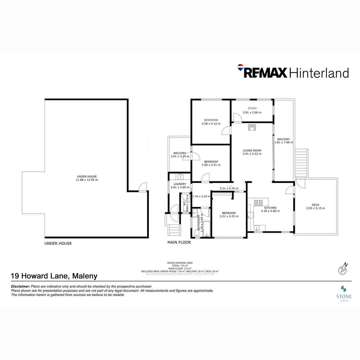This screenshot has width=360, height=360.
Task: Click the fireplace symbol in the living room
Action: pos(252,127)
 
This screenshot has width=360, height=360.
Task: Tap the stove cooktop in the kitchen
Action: pos(259,202)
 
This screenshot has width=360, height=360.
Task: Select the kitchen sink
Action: pos(257,228)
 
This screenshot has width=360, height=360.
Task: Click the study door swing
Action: pos(237,118)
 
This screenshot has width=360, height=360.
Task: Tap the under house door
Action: pos(142,187)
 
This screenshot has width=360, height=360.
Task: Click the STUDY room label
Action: pos(252,108)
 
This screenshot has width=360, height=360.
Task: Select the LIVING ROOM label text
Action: pos(252,150)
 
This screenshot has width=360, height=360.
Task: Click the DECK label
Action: pos(315,205)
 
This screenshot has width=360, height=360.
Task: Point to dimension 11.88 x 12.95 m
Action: pos(87,180)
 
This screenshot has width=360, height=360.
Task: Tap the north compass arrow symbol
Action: pos(342,269)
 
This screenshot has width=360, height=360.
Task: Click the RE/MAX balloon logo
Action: pos(240,67)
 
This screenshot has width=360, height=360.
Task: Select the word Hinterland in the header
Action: pos(319,73)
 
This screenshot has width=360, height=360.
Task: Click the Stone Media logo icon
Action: pos(343,289)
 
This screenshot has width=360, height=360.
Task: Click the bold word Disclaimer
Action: pos(21,286)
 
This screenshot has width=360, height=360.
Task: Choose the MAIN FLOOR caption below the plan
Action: pos(179,243)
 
